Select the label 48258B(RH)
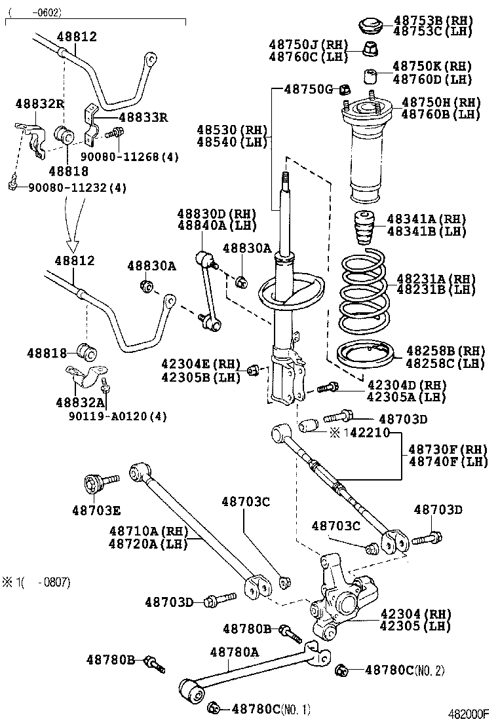click(444, 351)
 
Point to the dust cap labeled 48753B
click(373, 27)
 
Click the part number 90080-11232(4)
click(77, 188)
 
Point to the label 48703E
click(96, 510)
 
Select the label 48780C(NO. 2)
click(404, 670)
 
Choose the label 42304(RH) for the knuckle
click(416, 613)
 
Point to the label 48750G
click(309, 89)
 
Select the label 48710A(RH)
click(148, 530)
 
